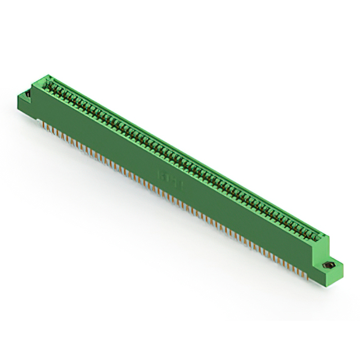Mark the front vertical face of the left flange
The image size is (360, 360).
(25, 104)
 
